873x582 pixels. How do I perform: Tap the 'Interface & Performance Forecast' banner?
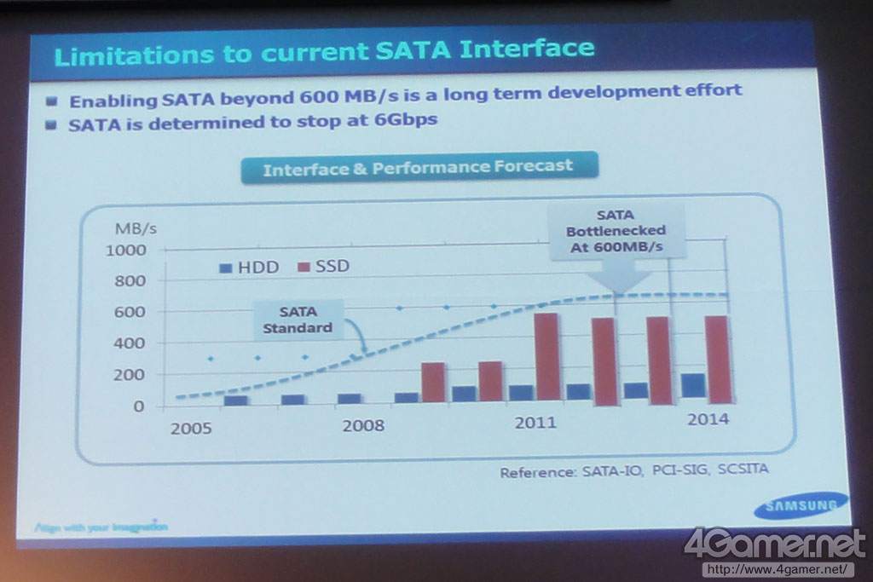[x=418, y=167]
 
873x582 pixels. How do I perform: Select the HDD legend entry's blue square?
[x=226, y=267]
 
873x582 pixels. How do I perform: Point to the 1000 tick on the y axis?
[x=126, y=250]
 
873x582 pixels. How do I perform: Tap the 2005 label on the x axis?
[x=191, y=428]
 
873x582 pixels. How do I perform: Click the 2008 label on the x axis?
[x=363, y=425]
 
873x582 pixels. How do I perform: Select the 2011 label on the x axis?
[x=535, y=423]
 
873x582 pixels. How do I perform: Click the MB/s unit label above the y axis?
[x=136, y=228]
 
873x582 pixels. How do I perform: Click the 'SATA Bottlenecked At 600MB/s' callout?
[x=616, y=229]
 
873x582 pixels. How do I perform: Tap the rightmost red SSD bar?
[x=719, y=359]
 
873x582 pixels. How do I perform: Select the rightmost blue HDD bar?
[x=693, y=385]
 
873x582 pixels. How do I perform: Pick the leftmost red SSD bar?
[x=433, y=382]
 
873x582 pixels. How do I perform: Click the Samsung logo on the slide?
[x=801, y=505]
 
